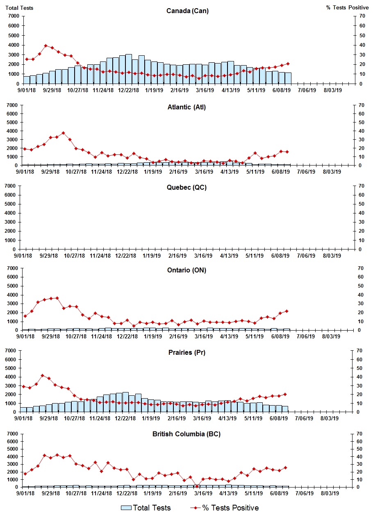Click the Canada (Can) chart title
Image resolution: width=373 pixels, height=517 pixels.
point(187,11)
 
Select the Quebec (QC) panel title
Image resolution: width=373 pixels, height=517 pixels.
point(186,187)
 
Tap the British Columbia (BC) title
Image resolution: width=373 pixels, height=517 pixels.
point(186,434)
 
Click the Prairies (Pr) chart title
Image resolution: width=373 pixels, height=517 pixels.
point(186,352)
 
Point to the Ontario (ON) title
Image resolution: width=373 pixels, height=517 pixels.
point(186,270)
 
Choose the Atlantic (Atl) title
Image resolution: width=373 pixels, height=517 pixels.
point(186,107)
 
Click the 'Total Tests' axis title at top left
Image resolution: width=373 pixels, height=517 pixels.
point(20,8)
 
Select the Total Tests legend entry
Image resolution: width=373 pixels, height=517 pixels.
point(146,508)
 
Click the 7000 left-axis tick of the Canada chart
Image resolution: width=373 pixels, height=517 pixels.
point(14,16)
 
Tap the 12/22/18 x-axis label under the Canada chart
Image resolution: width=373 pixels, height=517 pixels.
point(128,90)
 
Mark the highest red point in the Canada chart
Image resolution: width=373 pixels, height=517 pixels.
point(46,46)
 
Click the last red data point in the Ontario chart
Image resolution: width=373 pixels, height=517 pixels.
point(287,311)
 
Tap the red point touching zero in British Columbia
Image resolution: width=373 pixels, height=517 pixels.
point(197,486)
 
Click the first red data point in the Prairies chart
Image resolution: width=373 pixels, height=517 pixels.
point(23,386)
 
